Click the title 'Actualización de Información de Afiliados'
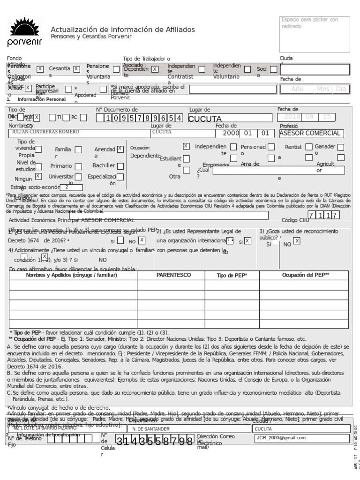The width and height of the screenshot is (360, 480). click(123, 30)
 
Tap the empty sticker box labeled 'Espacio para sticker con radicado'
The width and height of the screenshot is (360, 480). click(315, 34)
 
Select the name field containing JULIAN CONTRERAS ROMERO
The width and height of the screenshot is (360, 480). click(45, 133)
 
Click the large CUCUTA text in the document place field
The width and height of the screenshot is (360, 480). click(205, 119)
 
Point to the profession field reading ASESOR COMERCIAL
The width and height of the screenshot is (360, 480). click(310, 134)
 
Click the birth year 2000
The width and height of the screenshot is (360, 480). click(231, 133)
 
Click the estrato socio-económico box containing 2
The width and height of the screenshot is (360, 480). click(71, 187)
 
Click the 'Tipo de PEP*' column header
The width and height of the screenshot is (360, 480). click(232, 276)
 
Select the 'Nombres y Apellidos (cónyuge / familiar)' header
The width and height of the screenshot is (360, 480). click(71, 275)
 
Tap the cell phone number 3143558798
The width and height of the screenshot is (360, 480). click(155, 441)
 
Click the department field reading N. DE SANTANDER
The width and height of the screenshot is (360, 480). click(150, 428)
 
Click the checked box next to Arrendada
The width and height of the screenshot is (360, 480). click(120, 149)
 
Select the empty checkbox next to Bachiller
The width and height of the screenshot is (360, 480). click(120, 165)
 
